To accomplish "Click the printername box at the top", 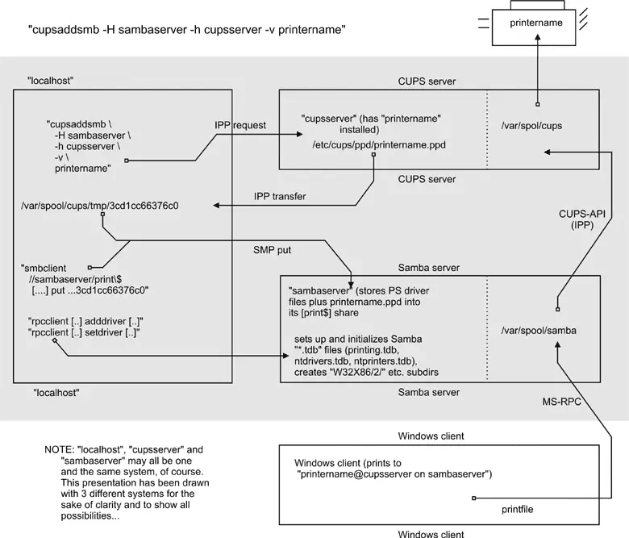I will click(x=536, y=23).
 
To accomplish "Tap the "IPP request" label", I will click(x=240, y=125).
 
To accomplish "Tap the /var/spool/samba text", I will click(x=539, y=331).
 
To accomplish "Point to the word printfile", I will click(x=516, y=510).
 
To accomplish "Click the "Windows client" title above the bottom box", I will click(x=431, y=436).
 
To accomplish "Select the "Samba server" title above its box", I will click(x=429, y=268).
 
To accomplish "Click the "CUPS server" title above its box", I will click(x=427, y=81).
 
